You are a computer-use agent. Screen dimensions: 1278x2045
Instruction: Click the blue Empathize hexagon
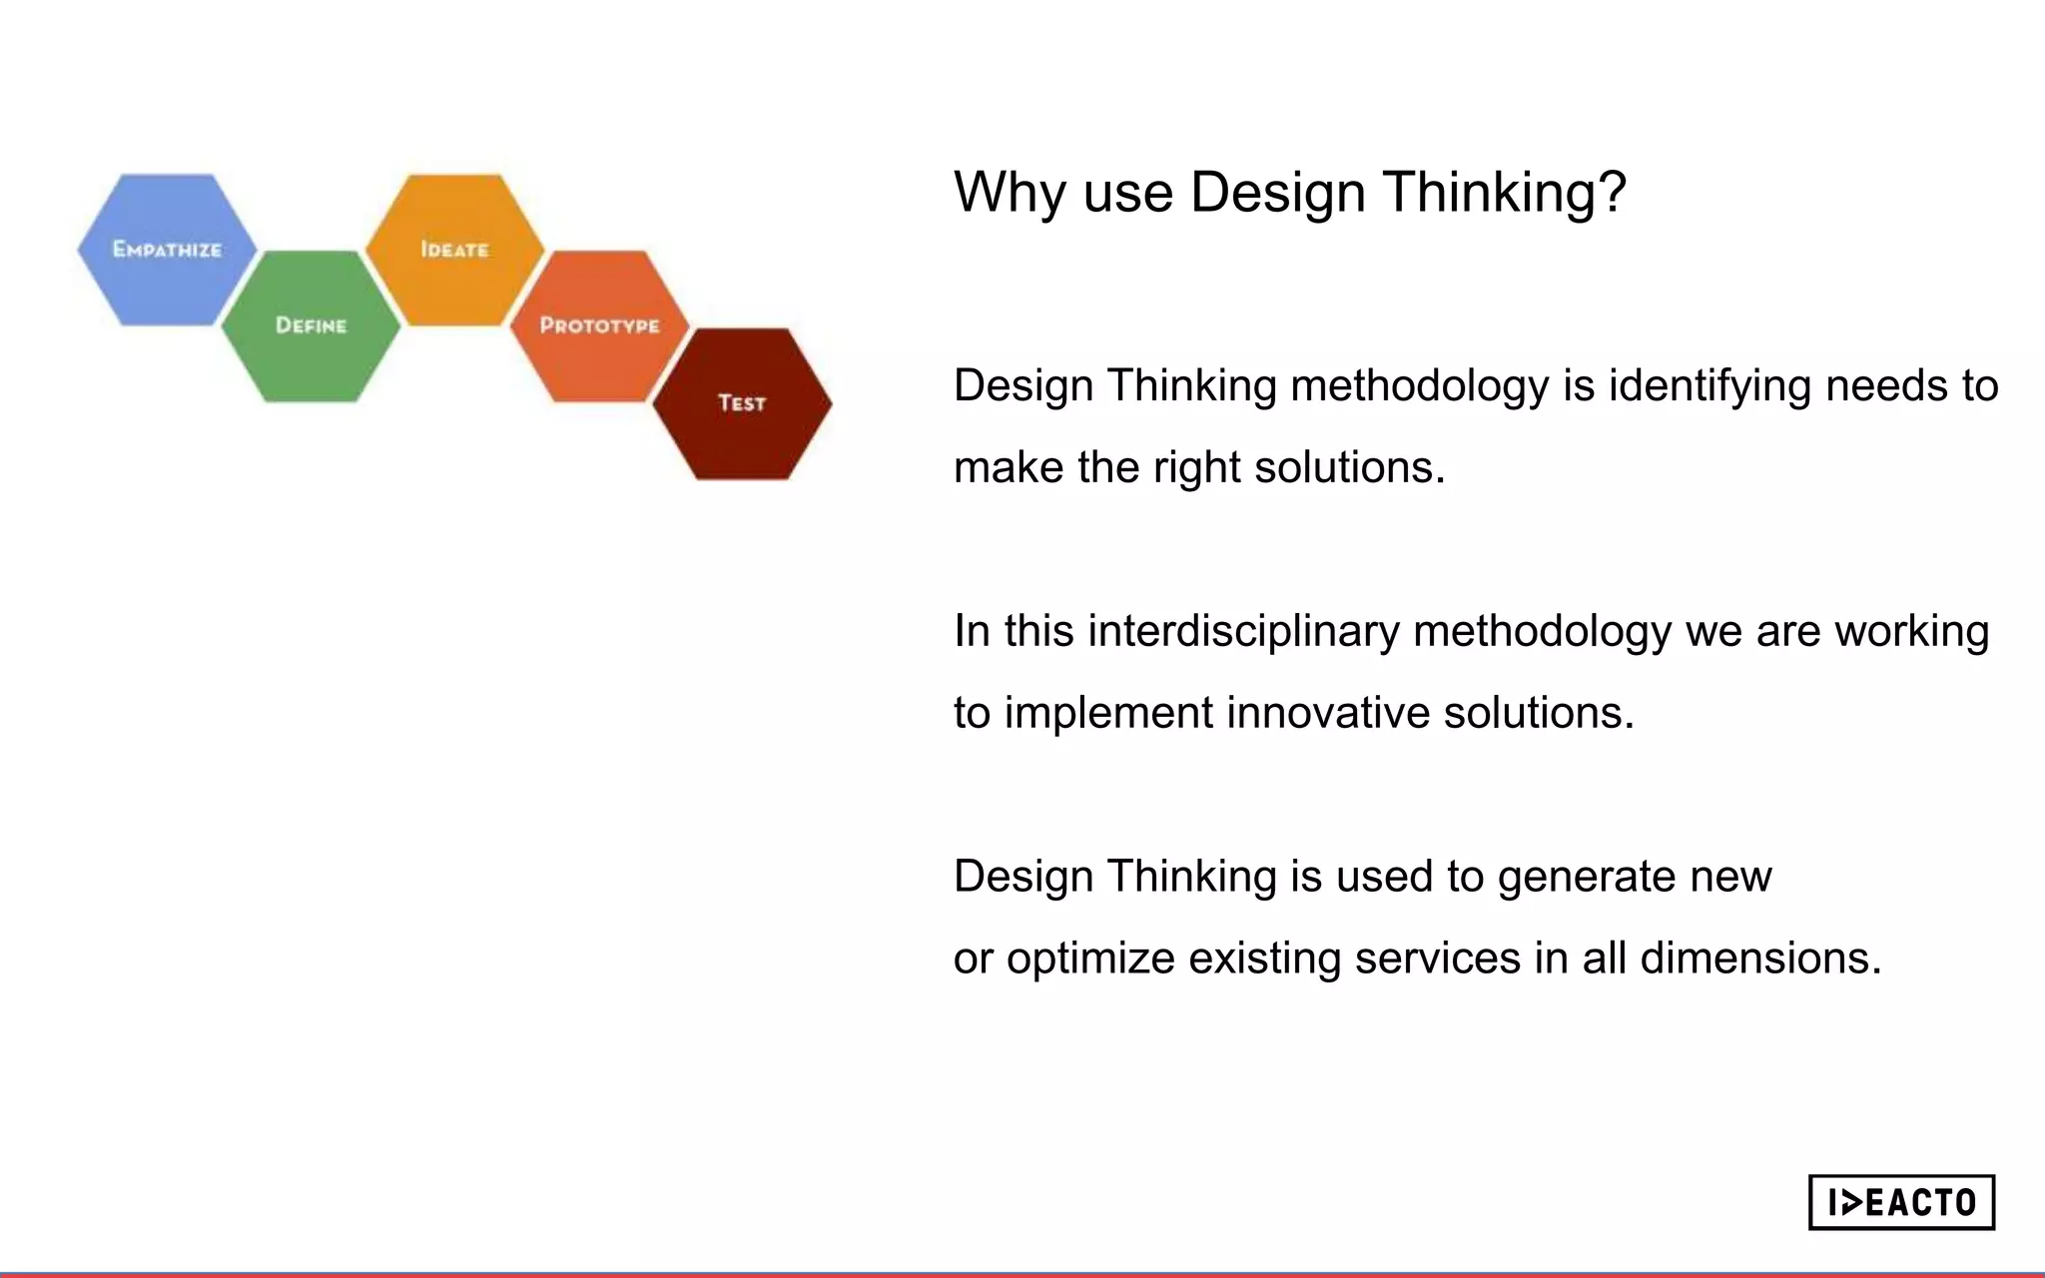tap(167, 250)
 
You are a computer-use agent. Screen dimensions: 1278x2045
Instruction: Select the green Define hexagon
tap(311, 326)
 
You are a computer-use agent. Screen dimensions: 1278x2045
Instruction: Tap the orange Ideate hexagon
tap(454, 250)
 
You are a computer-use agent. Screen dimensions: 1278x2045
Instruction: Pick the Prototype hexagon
tap(599, 326)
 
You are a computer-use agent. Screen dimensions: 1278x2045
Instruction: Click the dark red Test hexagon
tap(742, 403)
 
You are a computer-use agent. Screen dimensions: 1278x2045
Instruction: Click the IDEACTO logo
tap(1901, 1202)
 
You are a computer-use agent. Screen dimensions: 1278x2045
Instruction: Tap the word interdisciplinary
tap(1243, 631)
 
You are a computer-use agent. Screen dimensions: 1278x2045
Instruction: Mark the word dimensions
tap(1759, 958)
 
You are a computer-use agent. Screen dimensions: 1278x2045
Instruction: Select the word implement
tap(1108, 713)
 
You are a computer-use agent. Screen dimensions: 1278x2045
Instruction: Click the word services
tap(1437, 958)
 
